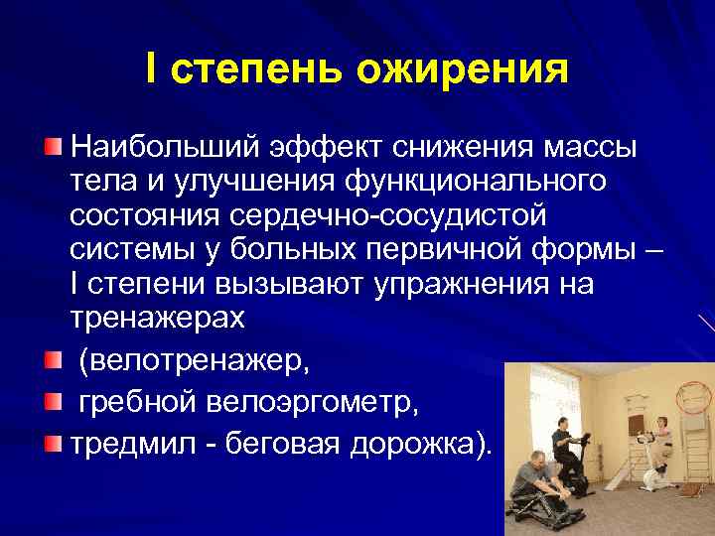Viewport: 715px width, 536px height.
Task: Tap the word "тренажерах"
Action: [x=155, y=318]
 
